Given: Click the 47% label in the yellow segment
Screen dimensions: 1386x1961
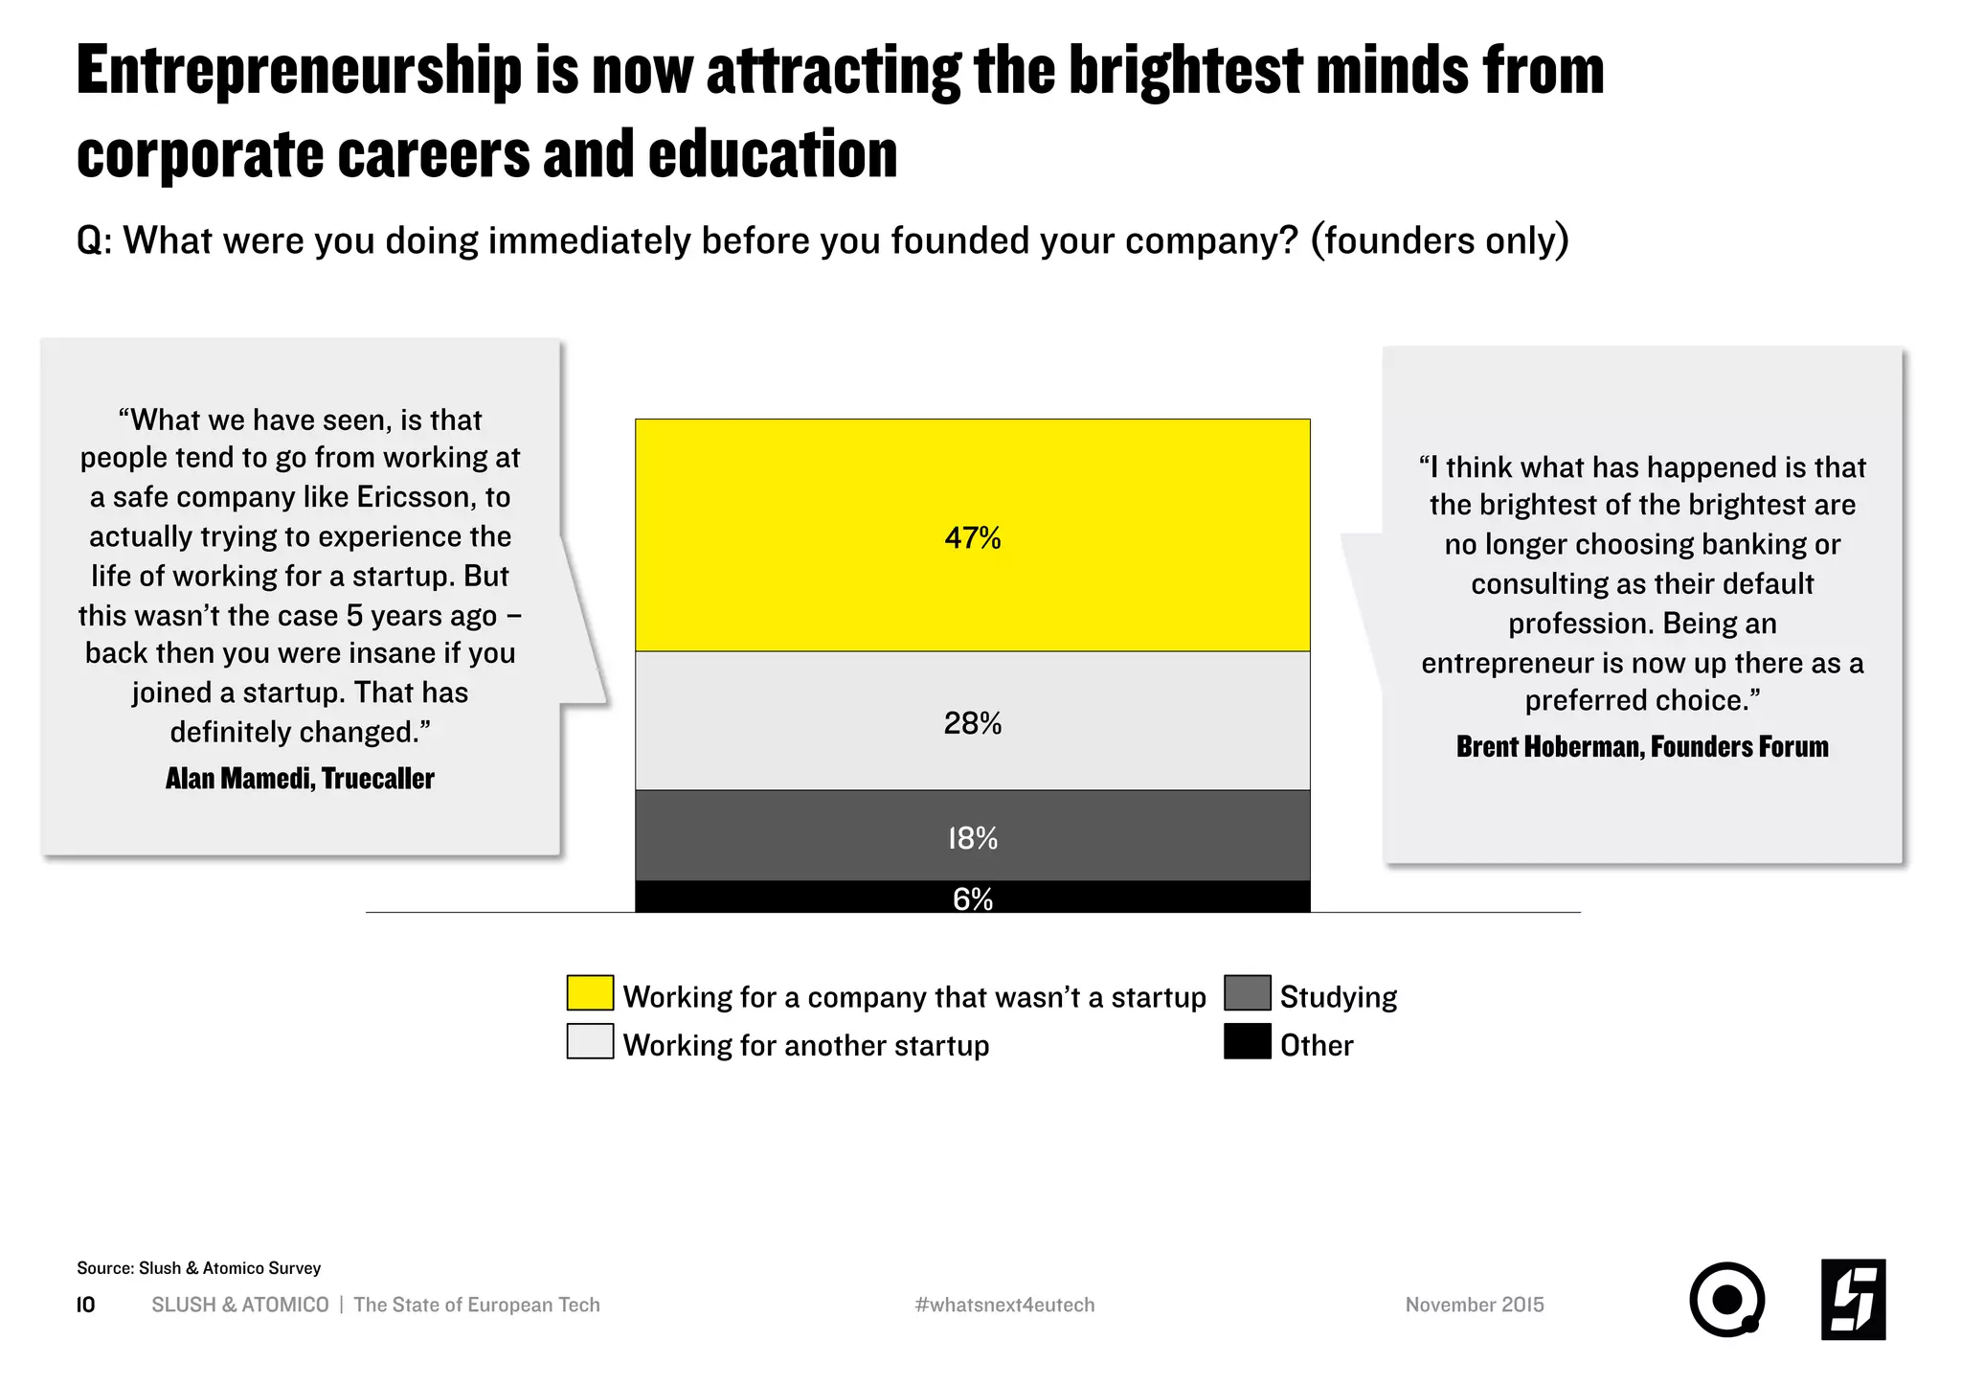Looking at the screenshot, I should [972, 538].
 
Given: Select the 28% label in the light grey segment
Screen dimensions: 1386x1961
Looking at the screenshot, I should [972, 723].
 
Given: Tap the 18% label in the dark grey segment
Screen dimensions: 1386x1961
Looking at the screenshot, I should [972, 839].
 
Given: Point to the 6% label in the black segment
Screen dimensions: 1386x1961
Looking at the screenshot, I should [972, 898].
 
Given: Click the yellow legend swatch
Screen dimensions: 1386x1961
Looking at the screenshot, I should [590, 993].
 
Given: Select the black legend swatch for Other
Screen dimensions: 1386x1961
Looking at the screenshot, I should [1247, 1042].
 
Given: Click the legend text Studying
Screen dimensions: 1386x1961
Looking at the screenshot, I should [1338, 997].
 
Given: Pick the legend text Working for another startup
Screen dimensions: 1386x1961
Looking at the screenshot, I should [805, 1045].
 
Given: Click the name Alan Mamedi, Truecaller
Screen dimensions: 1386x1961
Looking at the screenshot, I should [300, 779].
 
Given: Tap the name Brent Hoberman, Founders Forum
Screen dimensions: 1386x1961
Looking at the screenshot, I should [1641, 747].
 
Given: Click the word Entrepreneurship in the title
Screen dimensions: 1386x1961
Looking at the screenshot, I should [299, 72].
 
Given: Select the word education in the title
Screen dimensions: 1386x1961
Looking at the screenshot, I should [772, 155].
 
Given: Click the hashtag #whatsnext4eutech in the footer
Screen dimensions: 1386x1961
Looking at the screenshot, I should [1004, 1305].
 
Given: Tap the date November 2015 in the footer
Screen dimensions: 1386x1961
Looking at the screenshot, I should [1474, 1305].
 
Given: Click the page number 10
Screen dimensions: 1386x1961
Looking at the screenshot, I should [85, 1305].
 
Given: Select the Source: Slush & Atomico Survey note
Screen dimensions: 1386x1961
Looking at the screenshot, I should [198, 1268].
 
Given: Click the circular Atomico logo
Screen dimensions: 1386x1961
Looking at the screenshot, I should [1725, 1299].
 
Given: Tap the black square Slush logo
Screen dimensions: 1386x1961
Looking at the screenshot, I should [1853, 1299].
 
